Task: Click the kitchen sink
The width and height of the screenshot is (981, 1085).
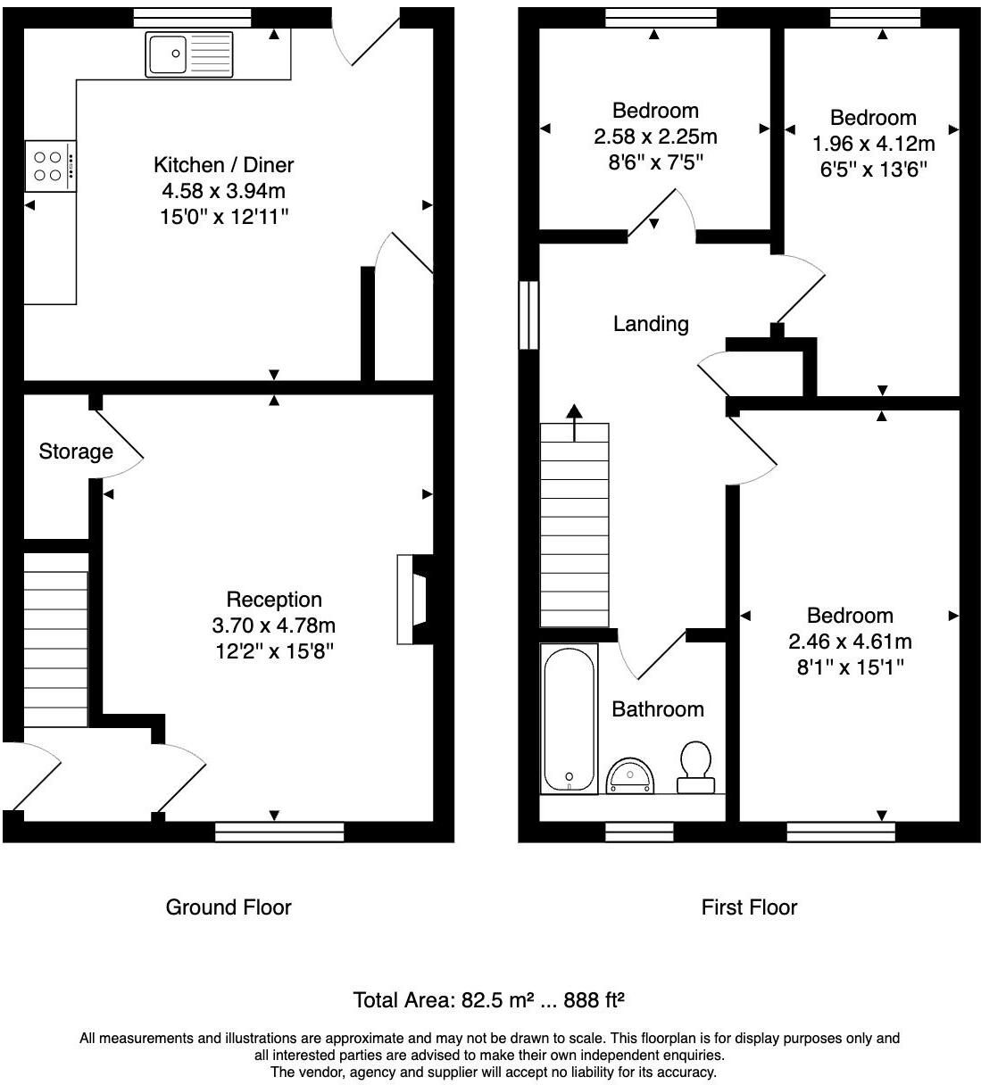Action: coord(188,55)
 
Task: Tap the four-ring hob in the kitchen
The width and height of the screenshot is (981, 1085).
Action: coord(50,166)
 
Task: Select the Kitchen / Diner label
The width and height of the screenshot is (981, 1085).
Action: coord(223,165)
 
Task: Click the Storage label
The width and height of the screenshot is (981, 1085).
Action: coord(76,451)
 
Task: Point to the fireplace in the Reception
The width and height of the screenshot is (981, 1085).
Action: coord(413,599)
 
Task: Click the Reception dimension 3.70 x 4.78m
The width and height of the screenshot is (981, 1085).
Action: coord(273,625)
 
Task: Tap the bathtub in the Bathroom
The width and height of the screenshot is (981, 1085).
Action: coord(569,719)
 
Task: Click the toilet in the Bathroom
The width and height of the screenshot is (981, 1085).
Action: coord(695,766)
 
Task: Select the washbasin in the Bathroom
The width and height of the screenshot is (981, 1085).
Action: coord(631,776)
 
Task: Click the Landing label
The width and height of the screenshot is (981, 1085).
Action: coord(651,324)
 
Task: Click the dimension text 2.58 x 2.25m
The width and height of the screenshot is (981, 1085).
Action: coord(655,137)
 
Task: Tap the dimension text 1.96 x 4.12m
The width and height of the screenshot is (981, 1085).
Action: coord(873,144)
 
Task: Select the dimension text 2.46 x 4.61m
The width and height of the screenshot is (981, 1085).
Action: coord(850,641)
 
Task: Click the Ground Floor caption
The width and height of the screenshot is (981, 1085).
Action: coord(229,907)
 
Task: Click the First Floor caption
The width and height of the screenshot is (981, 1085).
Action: coord(749,907)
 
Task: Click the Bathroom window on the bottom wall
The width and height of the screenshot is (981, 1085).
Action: coord(639,832)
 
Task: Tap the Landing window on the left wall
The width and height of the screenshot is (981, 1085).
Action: coord(529,315)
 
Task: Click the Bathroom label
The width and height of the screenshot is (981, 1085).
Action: coord(658,709)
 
